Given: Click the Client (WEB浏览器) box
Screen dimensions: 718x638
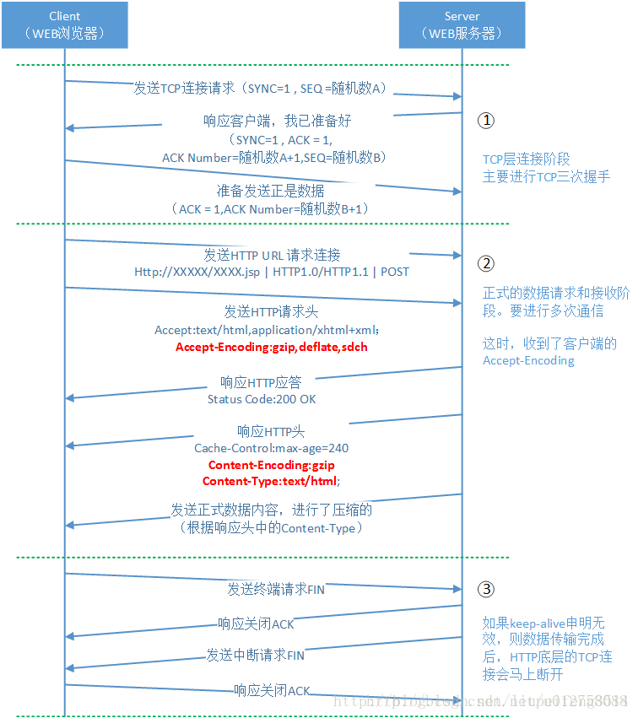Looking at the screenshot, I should [x=65, y=24].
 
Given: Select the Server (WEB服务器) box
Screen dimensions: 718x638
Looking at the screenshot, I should [x=462, y=24].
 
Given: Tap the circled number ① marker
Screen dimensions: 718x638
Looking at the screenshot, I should [x=485, y=121].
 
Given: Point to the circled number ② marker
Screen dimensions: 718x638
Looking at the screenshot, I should [x=485, y=263].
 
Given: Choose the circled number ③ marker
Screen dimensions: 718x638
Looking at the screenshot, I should [x=485, y=589].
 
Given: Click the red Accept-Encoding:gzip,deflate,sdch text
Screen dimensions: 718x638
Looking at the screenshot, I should [x=272, y=347].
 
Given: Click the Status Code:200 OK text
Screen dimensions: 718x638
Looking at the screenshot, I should [x=262, y=398].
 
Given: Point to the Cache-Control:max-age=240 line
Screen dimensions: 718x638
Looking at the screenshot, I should [x=271, y=448].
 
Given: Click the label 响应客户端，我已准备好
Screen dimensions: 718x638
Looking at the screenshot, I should [x=277, y=121].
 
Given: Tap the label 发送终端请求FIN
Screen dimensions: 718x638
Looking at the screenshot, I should [x=275, y=589].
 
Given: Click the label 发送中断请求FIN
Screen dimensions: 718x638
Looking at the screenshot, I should [x=256, y=655].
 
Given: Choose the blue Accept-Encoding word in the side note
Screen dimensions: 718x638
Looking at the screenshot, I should [x=528, y=360].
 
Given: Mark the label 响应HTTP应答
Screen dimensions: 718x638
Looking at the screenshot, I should [x=262, y=381].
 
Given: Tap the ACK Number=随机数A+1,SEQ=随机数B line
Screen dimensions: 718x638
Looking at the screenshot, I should [x=273, y=158].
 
